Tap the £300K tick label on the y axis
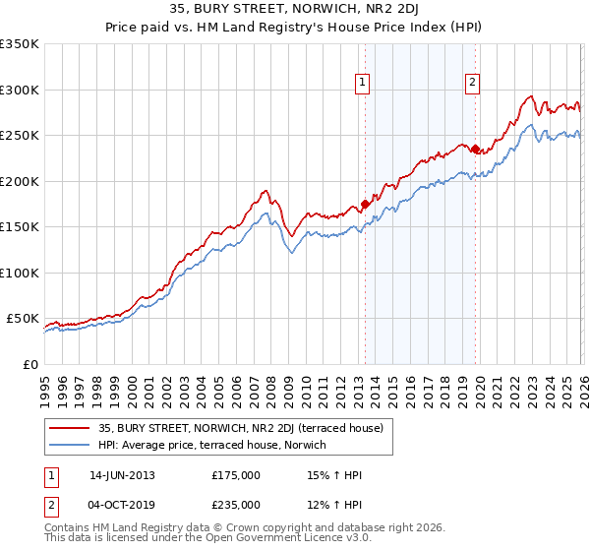pyautogui.click(x=20, y=90)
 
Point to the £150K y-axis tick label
pyautogui.click(x=20, y=226)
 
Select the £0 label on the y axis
pyautogui.click(x=30, y=364)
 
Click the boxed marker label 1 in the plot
pyautogui.click(x=364, y=84)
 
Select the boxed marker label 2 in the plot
pyautogui.click(x=473, y=84)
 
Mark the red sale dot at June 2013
pyautogui.click(x=365, y=205)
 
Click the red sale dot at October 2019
pyautogui.click(x=474, y=150)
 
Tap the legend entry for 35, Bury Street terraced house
pyautogui.click(x=246, y=428)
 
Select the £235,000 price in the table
pyautogui.click(x=236, y=504)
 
